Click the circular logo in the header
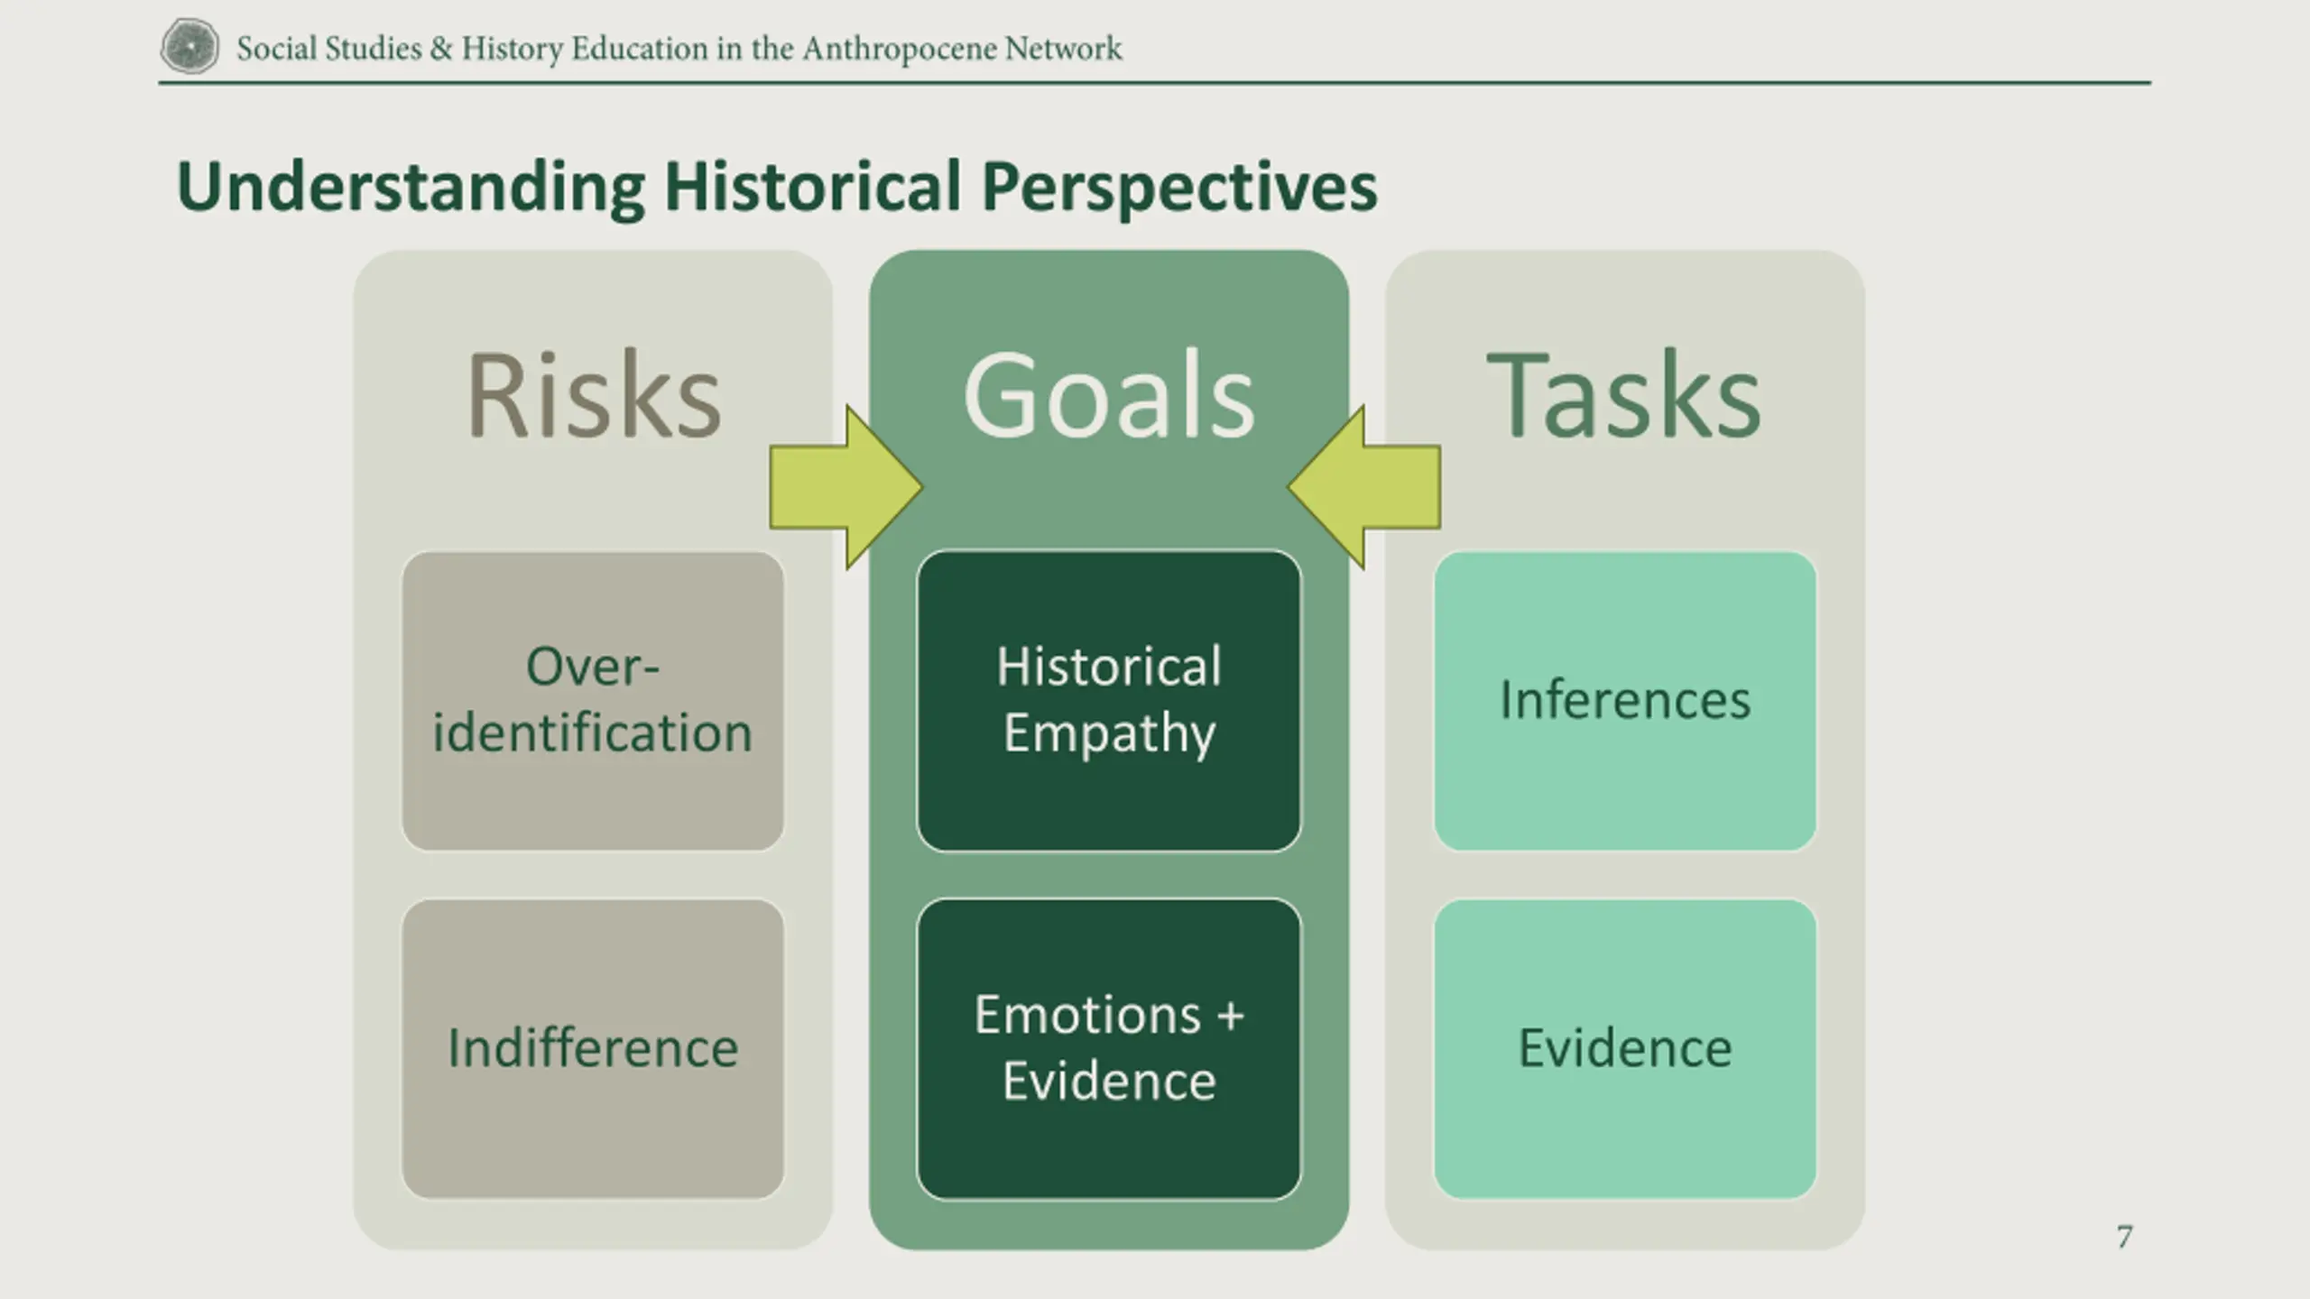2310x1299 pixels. [189, 46]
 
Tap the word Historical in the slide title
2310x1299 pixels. [813, 187]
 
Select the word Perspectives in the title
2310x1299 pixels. [1179, 189]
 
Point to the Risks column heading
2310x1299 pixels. [594, 395]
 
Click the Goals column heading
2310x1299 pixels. [1109, 395]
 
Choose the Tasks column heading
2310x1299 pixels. [1624, 395]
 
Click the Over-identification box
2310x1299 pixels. [593, 701]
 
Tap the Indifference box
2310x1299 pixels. [593, 1048]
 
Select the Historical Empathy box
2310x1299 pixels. [1109, 701]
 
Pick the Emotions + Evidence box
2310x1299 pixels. [1109, 1048]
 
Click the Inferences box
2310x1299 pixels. [1625, 701]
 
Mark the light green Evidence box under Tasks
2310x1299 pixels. [1625, 1048]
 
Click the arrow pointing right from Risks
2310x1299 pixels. [845, 487]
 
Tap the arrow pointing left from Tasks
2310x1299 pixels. [1364, 487]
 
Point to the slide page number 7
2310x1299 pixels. [2125, 1237]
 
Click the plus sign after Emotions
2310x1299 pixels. [1230, 1017]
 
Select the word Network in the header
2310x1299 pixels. [1064, 48]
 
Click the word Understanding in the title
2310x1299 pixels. [411, 189]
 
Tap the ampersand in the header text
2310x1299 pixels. [441, 48]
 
